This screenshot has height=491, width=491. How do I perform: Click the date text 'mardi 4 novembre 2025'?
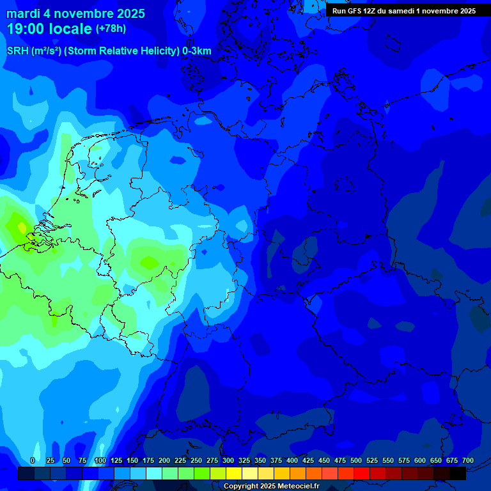(75, 13)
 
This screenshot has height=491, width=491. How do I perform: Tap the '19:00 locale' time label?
(49, 29)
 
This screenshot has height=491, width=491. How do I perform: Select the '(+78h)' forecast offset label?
(111, 29)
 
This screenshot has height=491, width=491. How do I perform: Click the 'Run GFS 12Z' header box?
(403, 11)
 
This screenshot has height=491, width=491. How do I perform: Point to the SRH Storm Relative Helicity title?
(109, 51)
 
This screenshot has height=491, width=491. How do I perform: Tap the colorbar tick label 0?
(33, 460)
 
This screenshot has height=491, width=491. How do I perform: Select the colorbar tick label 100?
(100, 460)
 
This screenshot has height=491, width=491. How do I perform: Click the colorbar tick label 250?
(196, 460)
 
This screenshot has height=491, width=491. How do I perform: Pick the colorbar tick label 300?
(228, 460)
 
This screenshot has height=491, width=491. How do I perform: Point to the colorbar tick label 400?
(292, 460)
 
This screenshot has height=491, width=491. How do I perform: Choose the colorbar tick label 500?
(356, 460)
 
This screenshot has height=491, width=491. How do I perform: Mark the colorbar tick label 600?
(420, 460)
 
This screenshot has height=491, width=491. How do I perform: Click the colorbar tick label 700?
(468, 460)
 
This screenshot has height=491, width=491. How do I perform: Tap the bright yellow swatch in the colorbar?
(234, 473)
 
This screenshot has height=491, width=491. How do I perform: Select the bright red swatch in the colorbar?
(362, 473)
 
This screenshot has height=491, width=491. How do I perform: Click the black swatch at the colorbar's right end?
(458, 473)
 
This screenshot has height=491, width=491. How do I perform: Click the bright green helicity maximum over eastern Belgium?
(149, 262)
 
